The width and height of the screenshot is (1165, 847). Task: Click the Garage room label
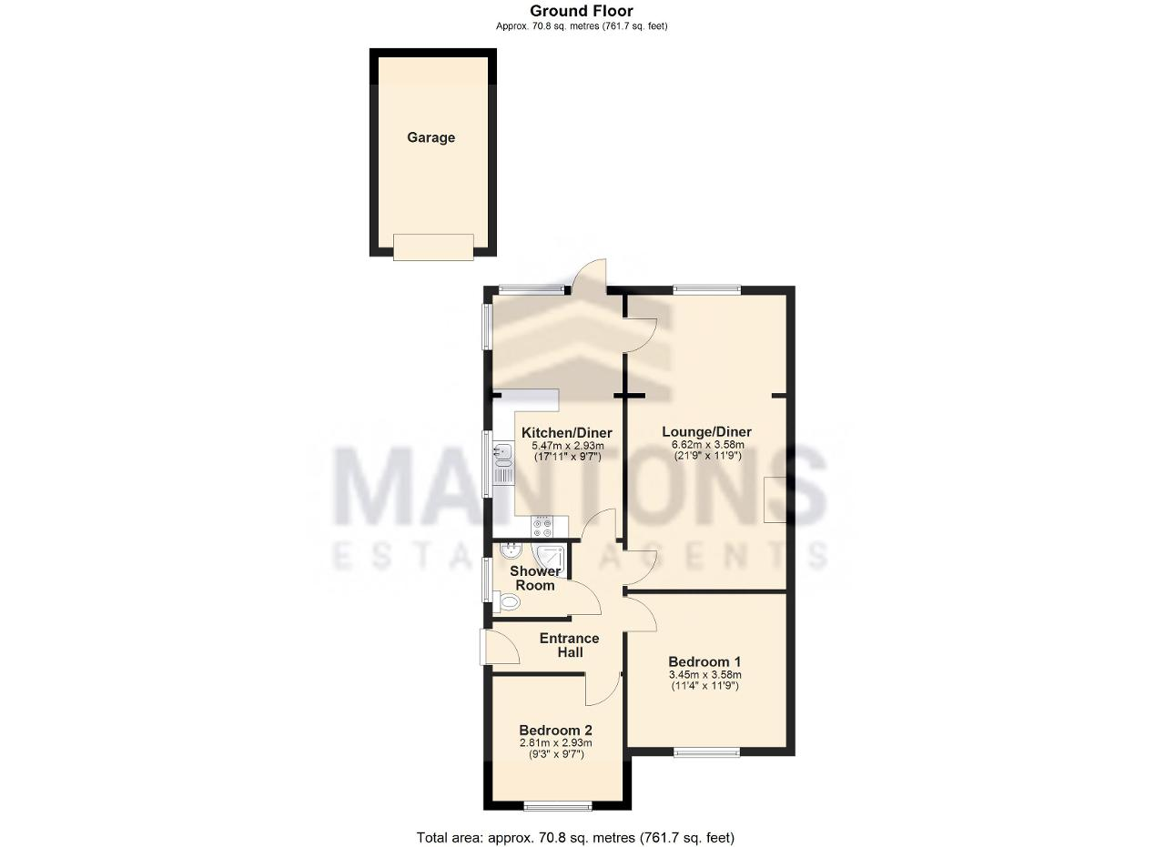pos(431,137)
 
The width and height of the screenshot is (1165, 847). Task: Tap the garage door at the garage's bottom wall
pos(433,247)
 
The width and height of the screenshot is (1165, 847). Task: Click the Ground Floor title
pos(582,11)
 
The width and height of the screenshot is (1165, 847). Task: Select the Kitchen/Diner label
pos(566,433)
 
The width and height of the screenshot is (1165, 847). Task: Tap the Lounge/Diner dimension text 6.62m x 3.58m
pos(708,445)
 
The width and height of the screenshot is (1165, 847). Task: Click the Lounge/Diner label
pos(706,431)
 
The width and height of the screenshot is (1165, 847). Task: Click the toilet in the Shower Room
pos(507,602)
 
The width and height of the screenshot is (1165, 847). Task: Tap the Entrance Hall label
pos(570,645)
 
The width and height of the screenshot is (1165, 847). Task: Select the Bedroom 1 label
pos(704,662)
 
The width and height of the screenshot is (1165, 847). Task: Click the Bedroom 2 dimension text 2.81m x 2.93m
pos(556,743)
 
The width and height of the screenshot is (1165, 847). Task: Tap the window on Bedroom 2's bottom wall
pos(558,806)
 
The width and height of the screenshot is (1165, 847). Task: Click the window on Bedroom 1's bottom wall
pos(706,752)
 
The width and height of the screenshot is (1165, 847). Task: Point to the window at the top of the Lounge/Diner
pos(707,289)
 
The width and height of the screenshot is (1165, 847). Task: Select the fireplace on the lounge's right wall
pos(775,499)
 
